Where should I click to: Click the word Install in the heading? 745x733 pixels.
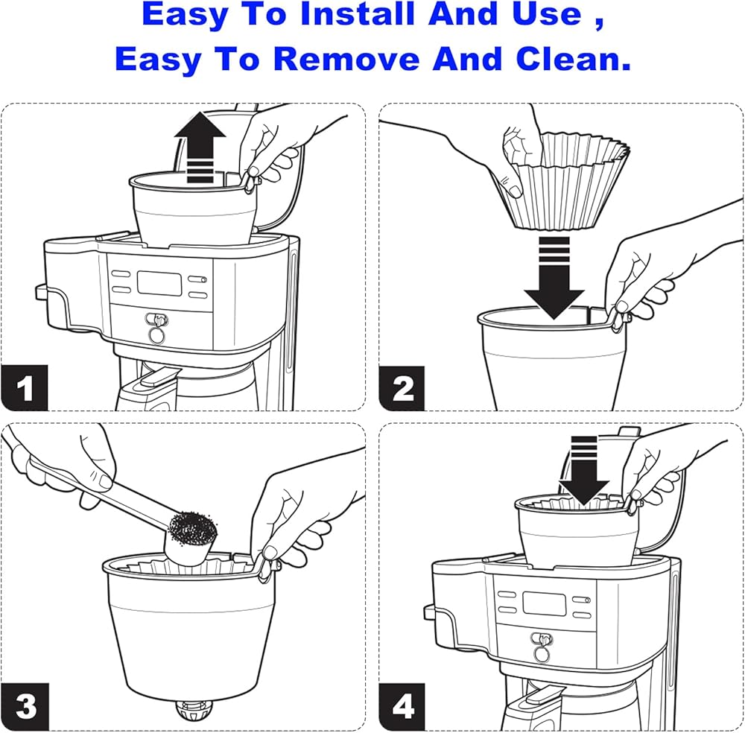point(358,14)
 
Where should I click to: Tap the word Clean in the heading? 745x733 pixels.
point(574,59)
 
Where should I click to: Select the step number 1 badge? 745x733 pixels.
point(25,387)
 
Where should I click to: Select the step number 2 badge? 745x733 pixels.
point(402,387)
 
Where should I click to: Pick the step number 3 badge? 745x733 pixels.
point(25,706)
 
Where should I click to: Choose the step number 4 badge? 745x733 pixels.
point(402,706)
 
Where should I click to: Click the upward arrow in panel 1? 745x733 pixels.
point(200,147)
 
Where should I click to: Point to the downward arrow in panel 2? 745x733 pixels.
point(554,277)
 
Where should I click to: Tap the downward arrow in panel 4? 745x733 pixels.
point(583,470)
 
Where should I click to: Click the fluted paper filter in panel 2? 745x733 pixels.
point(565,180)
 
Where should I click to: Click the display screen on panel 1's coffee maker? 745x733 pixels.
point(159,284)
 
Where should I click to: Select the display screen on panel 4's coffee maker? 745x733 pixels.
point(545,604)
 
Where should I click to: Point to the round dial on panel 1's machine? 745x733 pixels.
point(156,334)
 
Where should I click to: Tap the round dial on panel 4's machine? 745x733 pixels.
point(542,654)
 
